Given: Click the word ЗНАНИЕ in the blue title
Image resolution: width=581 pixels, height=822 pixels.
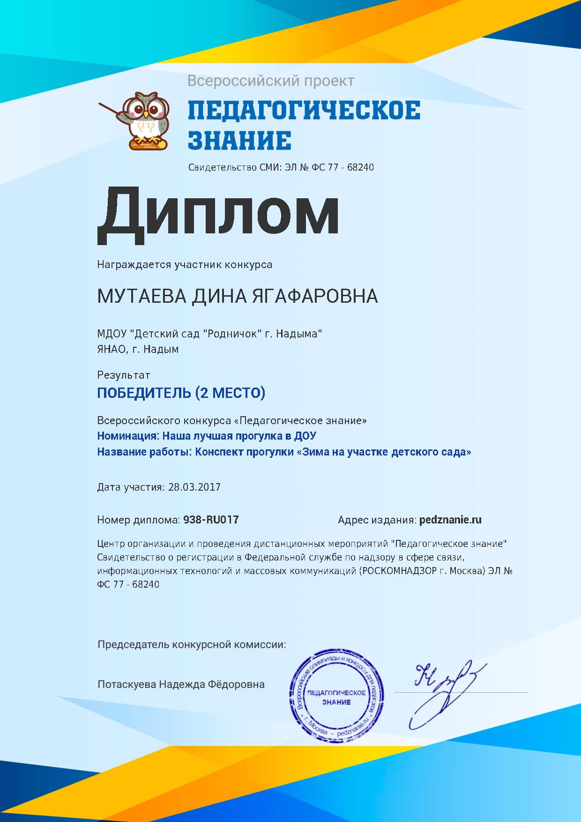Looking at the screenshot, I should coord(239,140).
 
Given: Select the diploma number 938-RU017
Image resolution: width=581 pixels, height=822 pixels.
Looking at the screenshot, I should coord(211,520).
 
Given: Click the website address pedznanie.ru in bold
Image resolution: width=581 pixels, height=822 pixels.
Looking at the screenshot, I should coord(450,520).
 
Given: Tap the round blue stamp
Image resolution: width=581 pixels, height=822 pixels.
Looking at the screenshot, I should coord(336,697).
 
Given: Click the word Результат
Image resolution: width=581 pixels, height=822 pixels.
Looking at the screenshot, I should coord(124,375).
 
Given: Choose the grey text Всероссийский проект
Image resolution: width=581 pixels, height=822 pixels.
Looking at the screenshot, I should coord(271,81).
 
